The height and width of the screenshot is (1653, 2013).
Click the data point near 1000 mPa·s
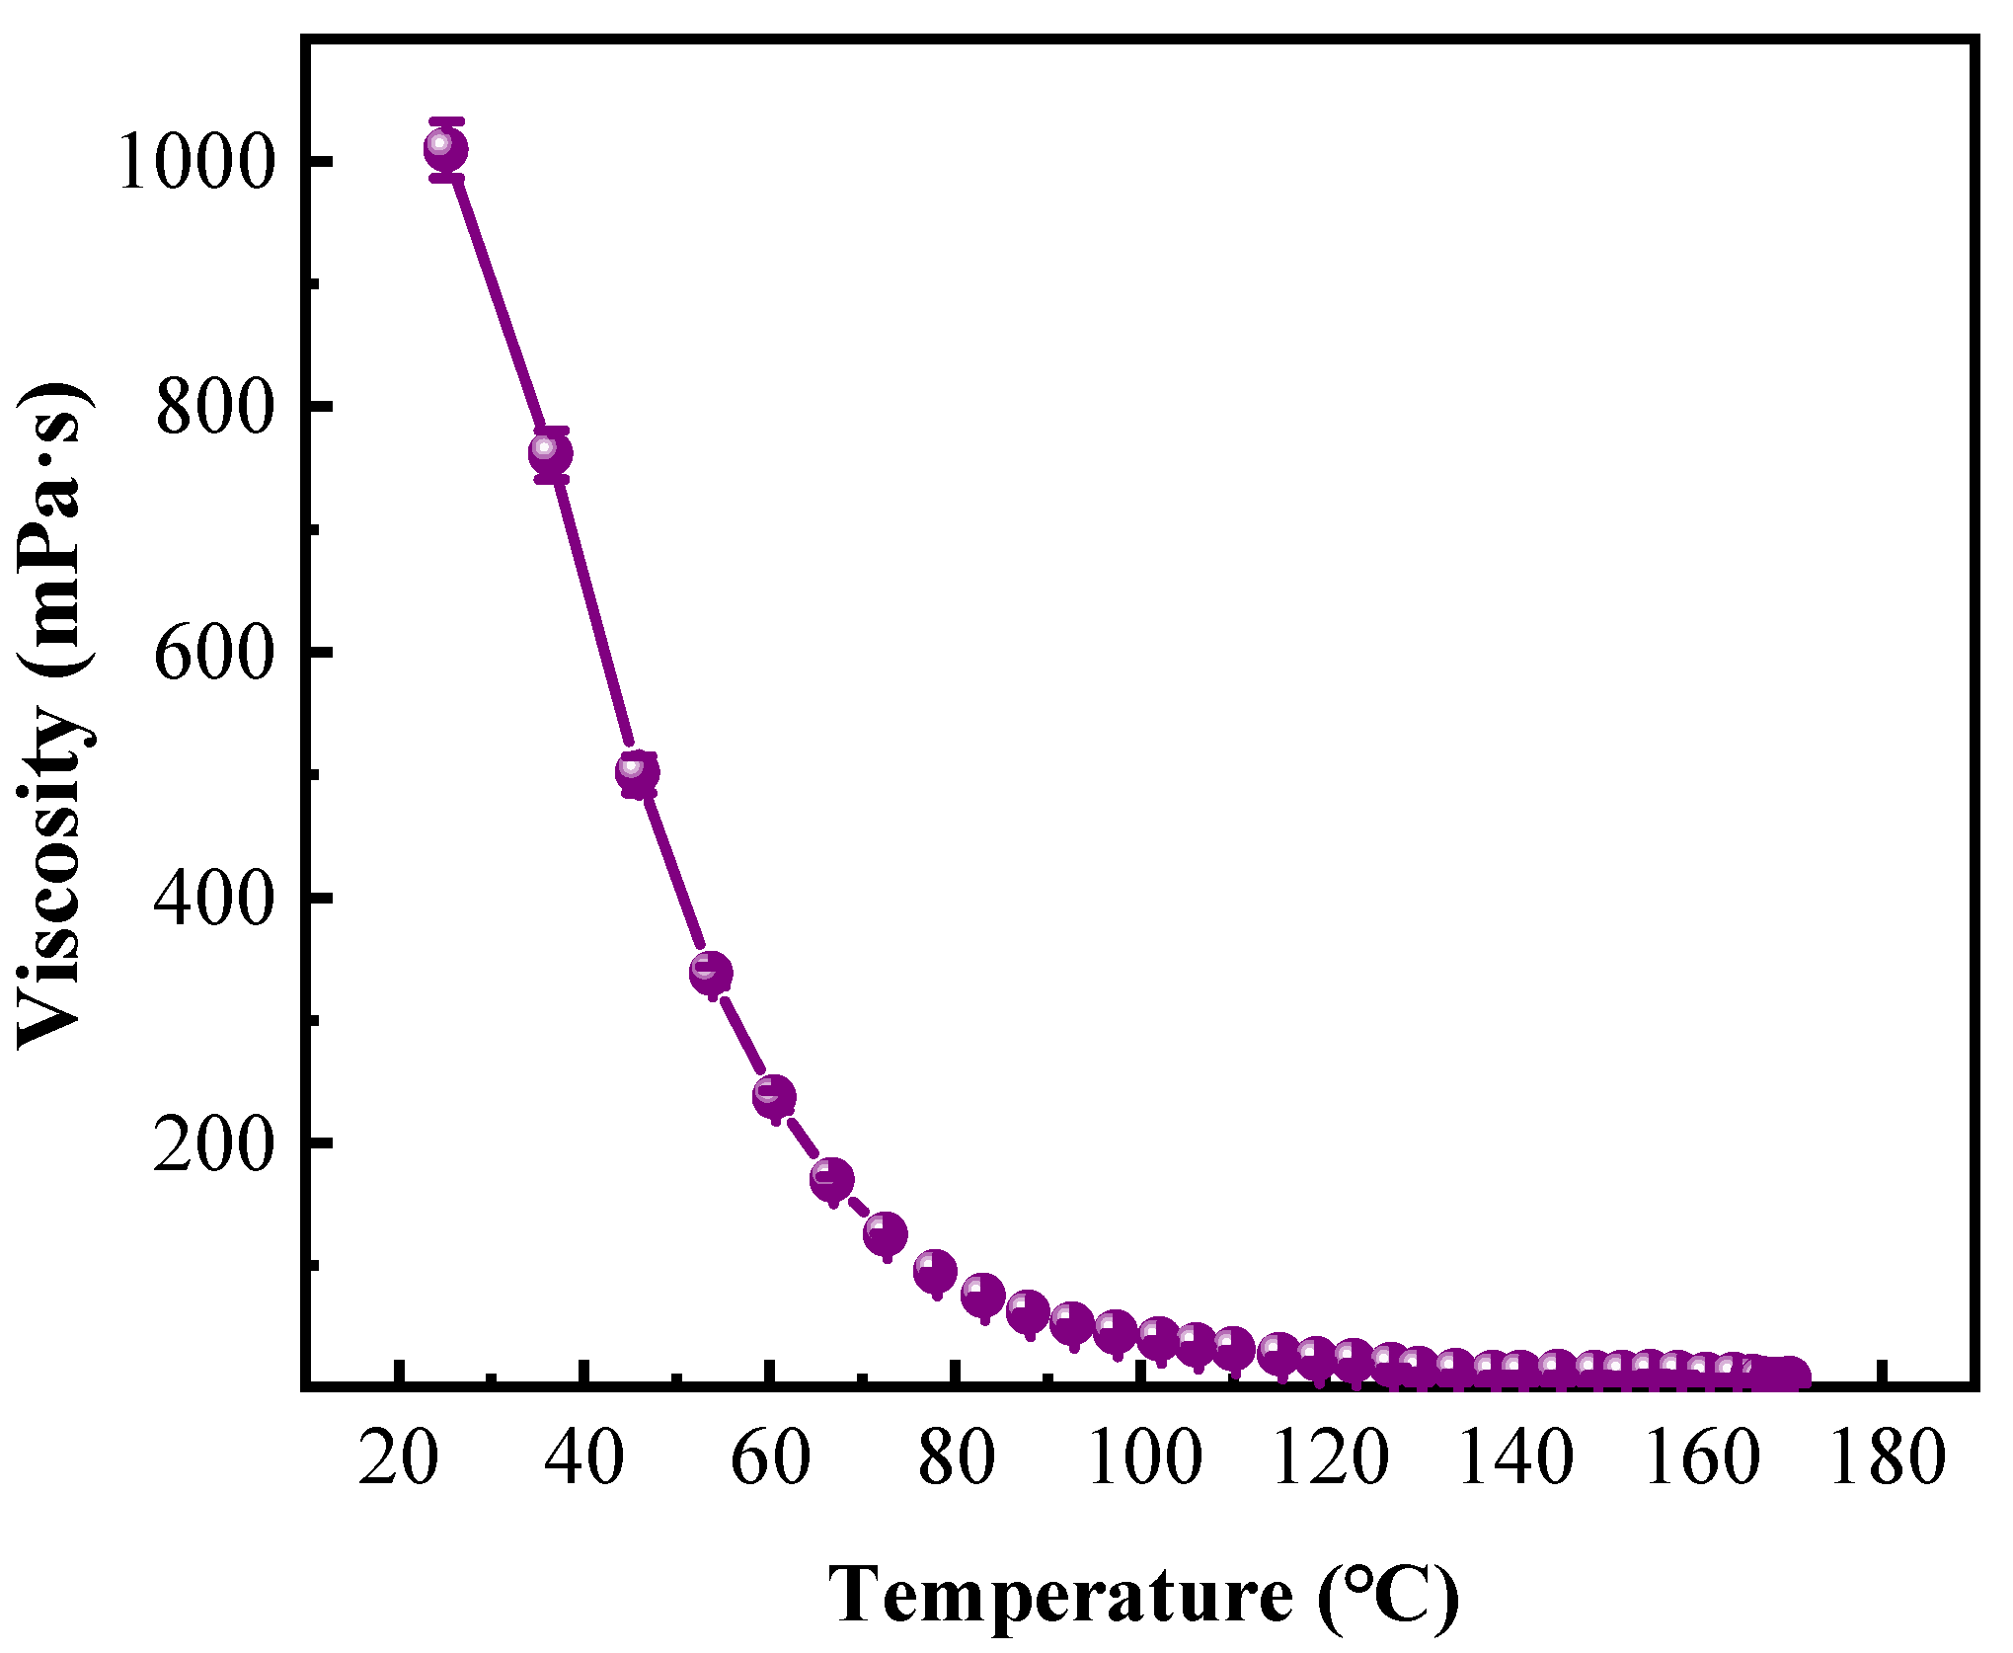[445, 149]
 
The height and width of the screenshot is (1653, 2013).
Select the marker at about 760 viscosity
[550, 453]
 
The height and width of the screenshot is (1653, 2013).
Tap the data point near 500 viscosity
[637, 771]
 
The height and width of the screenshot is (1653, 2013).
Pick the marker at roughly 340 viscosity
[711, 973]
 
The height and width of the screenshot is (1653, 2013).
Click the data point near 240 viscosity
[774, 1095]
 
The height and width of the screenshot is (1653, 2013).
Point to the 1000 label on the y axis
[194, 162]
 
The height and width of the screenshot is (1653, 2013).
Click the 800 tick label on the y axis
[213, 407]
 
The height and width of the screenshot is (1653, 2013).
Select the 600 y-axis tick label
[213, 653]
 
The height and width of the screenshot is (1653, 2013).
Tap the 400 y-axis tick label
[213, 898]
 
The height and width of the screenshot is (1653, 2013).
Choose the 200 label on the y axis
[213, 1143]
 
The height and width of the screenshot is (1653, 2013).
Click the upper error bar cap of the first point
[446, 121]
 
